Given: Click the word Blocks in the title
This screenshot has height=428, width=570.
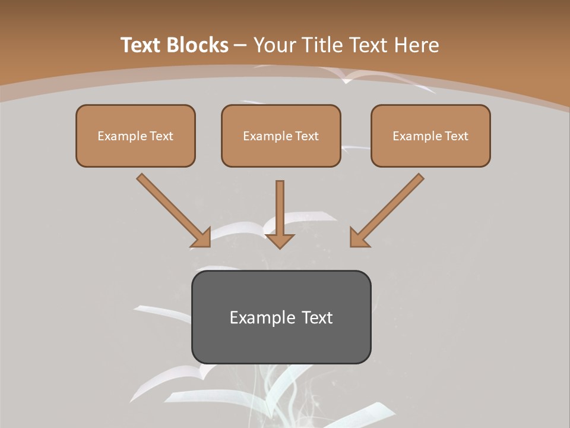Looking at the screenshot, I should point(199,45).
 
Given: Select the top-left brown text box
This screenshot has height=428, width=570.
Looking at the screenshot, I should point(135,136).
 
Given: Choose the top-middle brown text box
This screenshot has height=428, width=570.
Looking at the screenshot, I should point(281,136).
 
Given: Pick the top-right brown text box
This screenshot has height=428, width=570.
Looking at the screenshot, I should point(430,136).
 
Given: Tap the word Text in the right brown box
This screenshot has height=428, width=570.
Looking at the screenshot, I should point(457,136).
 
